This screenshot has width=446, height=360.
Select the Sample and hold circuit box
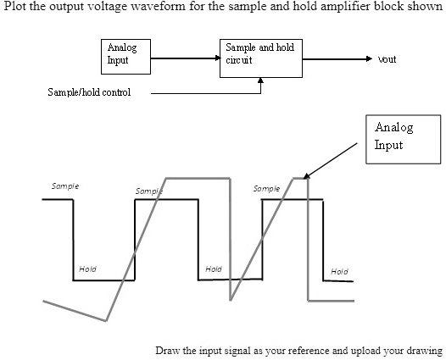click(x=260, y=57)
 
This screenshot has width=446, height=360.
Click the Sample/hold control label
click(x=89, y=91)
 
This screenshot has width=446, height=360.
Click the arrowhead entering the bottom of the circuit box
click(x=260, y=80)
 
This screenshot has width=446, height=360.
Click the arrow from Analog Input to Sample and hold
click(x=182, y=58)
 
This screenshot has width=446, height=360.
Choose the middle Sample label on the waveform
click(x=149, y=192)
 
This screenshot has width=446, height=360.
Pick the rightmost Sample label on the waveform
click(x=266, y=188)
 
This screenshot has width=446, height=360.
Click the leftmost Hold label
click(x=87, y=269)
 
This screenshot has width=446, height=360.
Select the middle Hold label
click(x=214, y=269)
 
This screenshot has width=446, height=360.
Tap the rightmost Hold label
click(x=339, y=271)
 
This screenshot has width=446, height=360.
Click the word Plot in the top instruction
click(x=14, y=8)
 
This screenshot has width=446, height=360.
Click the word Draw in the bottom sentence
click(x=167, y=350)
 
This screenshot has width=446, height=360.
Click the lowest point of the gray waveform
click(x=106, y=321)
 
